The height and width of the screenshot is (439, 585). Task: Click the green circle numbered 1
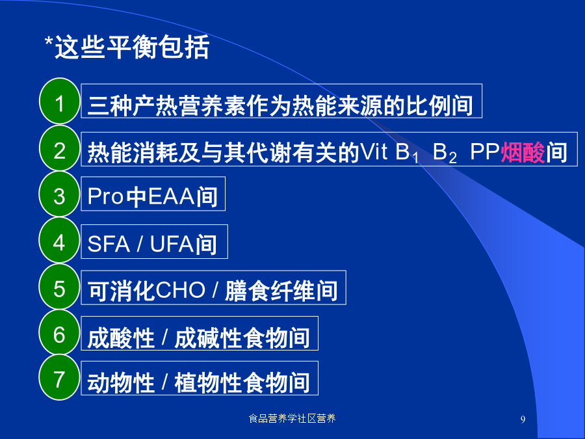point(59,101)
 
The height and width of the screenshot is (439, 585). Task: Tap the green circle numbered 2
point(59,148)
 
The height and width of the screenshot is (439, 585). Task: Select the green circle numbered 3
point(59,194)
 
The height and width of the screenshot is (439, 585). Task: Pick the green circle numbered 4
point(59,241)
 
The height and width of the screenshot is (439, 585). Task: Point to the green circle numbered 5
point(59,287)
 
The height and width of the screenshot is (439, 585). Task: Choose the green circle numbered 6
point(59,332)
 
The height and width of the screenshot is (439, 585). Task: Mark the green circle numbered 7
point(59,377)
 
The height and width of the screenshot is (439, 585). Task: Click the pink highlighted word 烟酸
point(523,153)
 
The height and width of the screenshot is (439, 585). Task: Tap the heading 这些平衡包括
point(132,47)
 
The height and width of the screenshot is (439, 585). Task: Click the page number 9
point(523,419)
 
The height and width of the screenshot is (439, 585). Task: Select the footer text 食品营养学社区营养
point(292,418)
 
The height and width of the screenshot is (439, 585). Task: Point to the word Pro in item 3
point(105,196)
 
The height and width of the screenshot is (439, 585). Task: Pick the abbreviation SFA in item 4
point(109,244)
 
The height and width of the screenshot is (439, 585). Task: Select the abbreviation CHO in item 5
point(181,290)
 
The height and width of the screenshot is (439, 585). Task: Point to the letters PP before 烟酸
point(485,152)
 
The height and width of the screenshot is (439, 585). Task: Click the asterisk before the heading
point(49,41)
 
